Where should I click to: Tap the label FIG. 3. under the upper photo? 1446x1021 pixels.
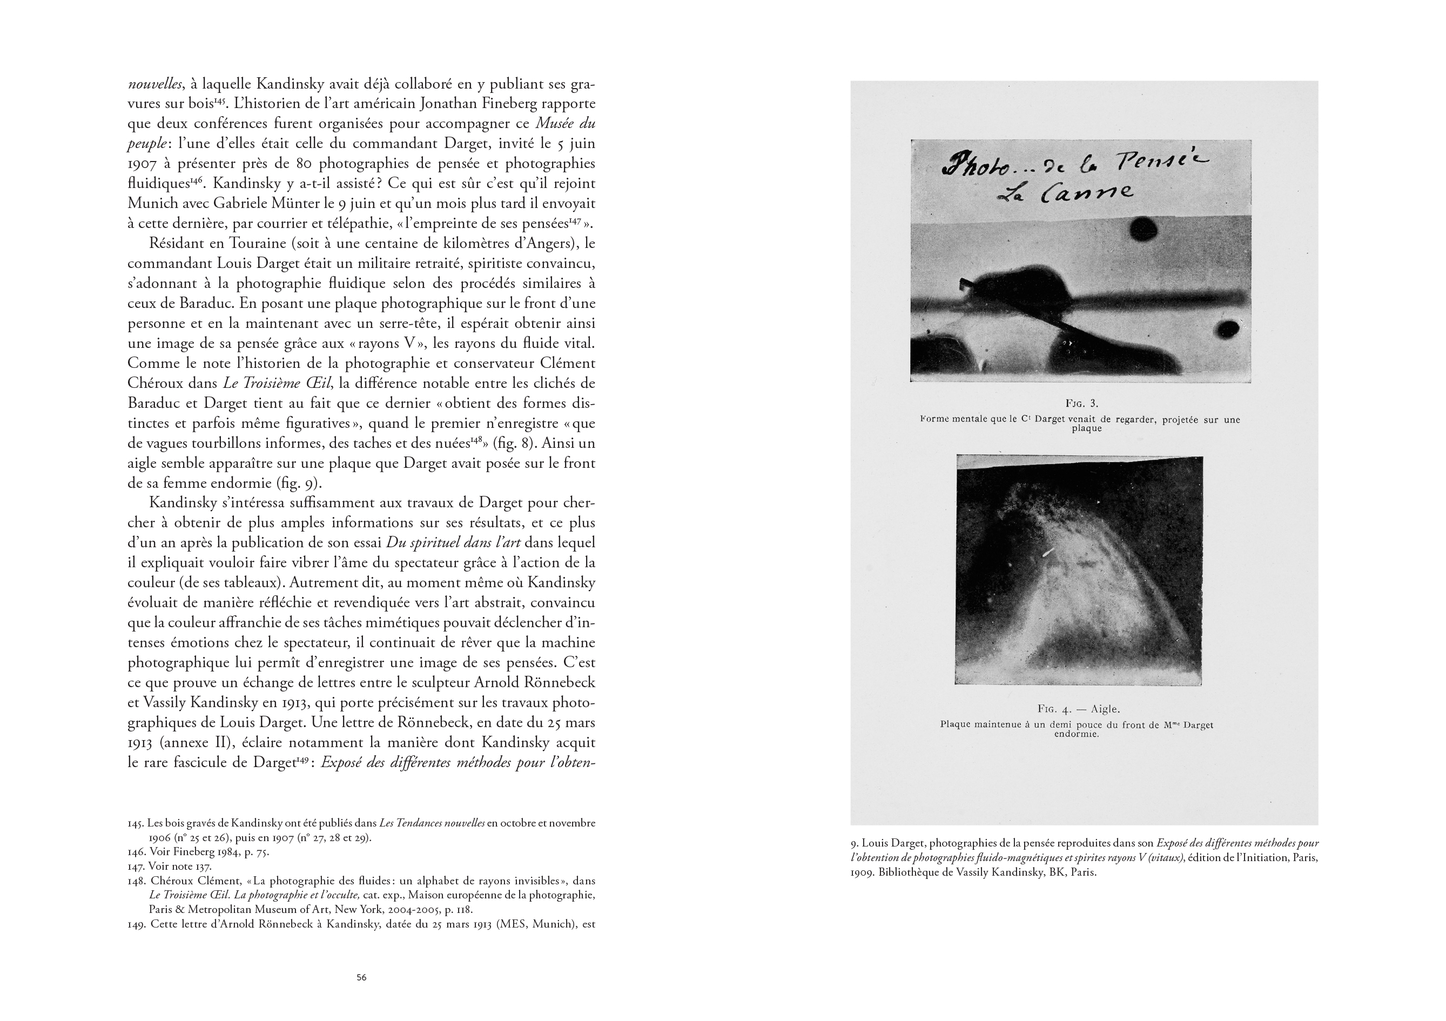point(1081,403)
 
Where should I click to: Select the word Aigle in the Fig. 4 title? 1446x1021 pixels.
point(1105,709)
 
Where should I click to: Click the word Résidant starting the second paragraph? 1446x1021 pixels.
point(178,243)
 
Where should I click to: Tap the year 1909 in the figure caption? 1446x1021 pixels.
point(864,873)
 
